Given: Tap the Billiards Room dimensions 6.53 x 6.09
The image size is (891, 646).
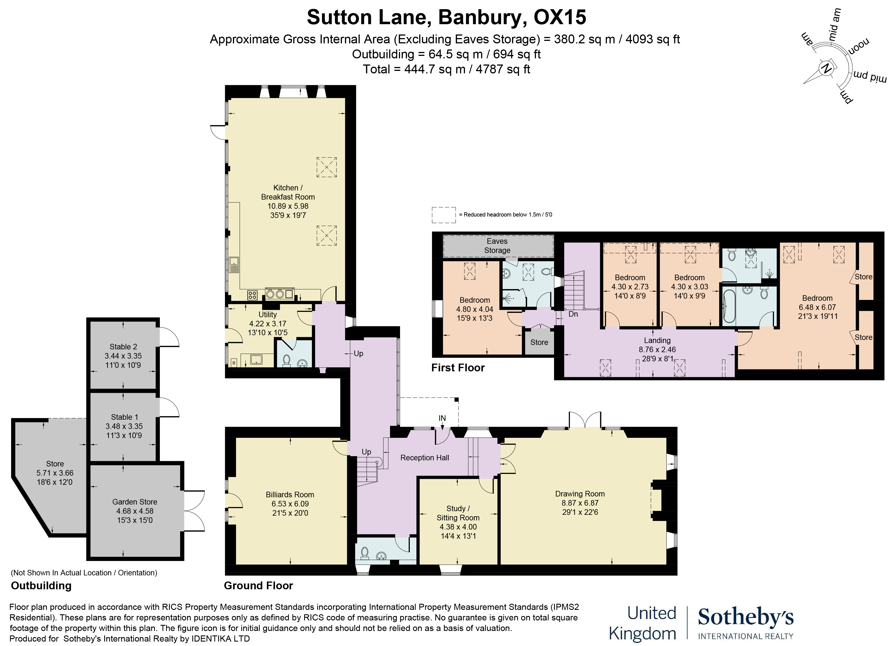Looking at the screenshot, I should tap(290, 504).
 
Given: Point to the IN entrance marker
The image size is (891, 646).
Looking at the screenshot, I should tap(442, 418).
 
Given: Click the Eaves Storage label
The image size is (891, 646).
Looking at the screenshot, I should tap(497, 246).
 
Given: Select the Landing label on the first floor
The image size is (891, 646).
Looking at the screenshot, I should tap(657, 341).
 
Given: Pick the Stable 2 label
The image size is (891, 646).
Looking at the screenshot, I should tap(123, 347).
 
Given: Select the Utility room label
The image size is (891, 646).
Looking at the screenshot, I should tap(267, 315).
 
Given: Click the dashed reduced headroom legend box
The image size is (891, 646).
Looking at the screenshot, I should tap(443, 215).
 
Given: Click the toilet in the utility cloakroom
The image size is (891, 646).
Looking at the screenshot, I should tap(286, 360).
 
